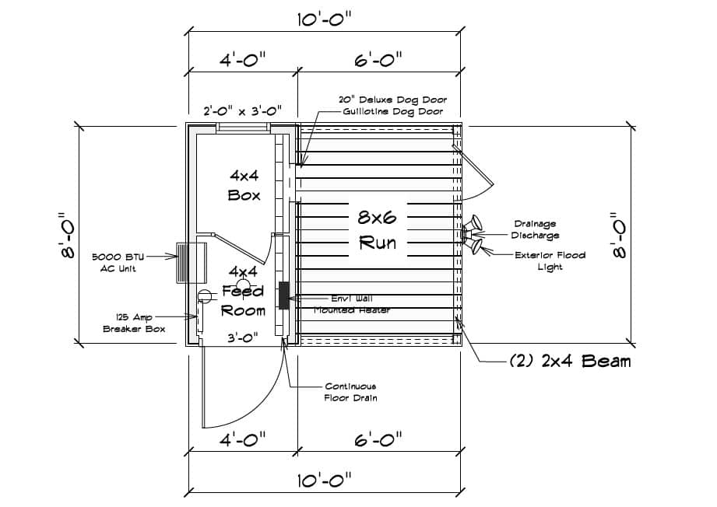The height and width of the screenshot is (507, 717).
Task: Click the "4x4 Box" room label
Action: (x=244, y=184)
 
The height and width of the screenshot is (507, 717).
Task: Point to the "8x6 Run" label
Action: (x=377, y=229)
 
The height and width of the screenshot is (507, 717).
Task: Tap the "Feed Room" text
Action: (x=244, y=300)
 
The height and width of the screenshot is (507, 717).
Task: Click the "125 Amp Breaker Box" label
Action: (x=135, y=323)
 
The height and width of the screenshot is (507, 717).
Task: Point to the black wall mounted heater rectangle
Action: (x=284, y=293)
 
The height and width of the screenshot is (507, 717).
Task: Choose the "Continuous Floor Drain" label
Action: (x=350, y=392)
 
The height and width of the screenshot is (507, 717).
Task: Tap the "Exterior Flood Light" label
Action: (x=550, y=260)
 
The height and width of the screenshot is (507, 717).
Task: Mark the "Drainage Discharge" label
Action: (x=535, y=229)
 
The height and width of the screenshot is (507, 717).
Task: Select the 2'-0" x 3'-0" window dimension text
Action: (x=242, y=110)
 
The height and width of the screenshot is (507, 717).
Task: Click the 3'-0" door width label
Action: (x=243, y=337)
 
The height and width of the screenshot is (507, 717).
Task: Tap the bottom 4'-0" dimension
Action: (x=242, y=440)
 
